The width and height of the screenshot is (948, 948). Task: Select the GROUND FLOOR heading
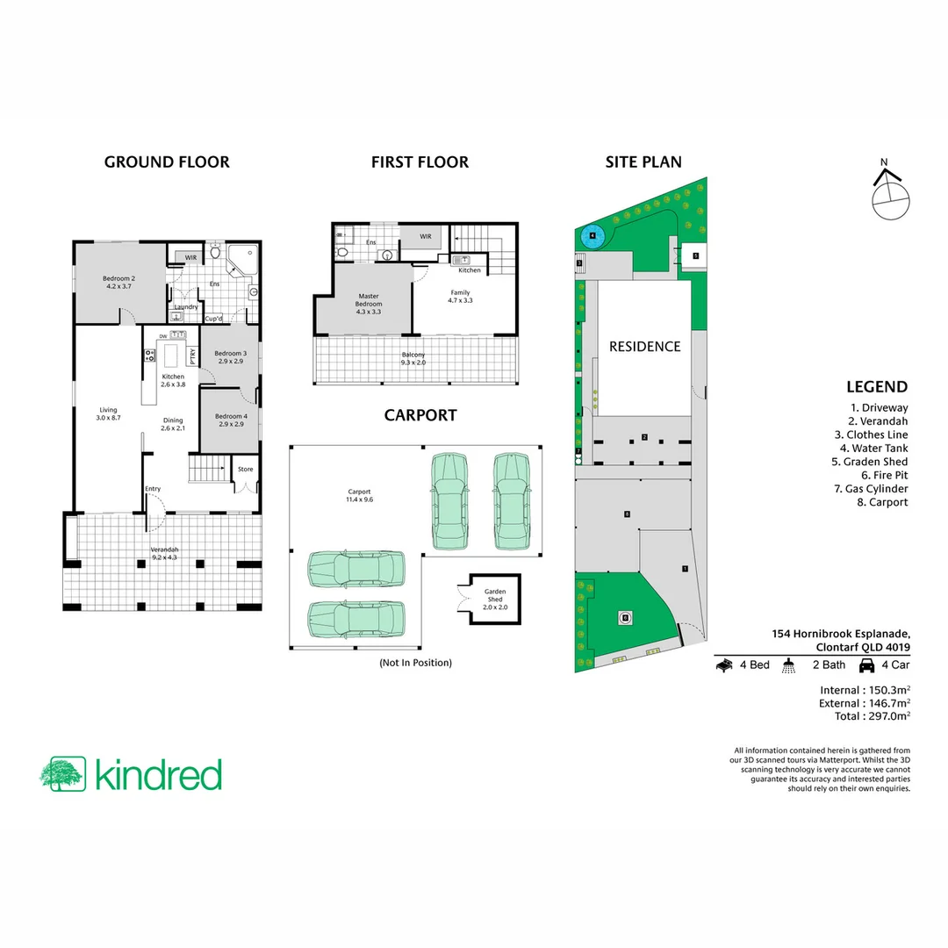(167, 162)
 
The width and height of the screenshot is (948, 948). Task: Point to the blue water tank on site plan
(592, 235)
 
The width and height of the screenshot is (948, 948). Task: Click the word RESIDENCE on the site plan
(644, 347)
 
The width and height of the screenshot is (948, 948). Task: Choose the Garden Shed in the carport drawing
(496, 600)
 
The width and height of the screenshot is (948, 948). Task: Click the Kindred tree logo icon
(62, 774)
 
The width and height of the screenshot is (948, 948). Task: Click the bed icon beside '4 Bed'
(724, 665)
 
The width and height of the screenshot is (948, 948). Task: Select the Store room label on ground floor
(246, 470)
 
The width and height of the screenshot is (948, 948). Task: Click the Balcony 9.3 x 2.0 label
(413, 358)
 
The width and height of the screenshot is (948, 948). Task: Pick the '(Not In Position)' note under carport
(415, 663)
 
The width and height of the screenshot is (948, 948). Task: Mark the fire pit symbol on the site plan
(625, 617)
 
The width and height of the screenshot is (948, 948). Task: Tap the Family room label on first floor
(461, 296)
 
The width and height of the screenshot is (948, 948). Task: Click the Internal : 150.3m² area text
(864, 689)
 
